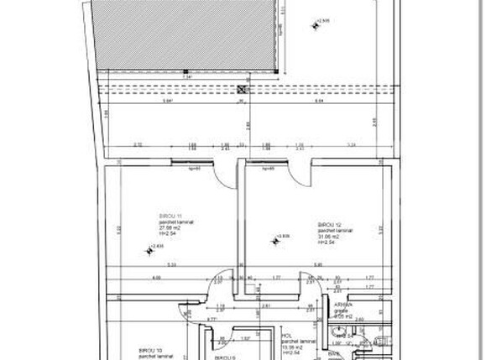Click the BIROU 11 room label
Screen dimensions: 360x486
[171, 216]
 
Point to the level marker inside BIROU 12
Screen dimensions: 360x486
[278, 239]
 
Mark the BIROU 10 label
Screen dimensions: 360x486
[150, 351]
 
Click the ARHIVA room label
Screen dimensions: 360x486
[344, 305]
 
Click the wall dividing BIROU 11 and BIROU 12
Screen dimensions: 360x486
[240, 227]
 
